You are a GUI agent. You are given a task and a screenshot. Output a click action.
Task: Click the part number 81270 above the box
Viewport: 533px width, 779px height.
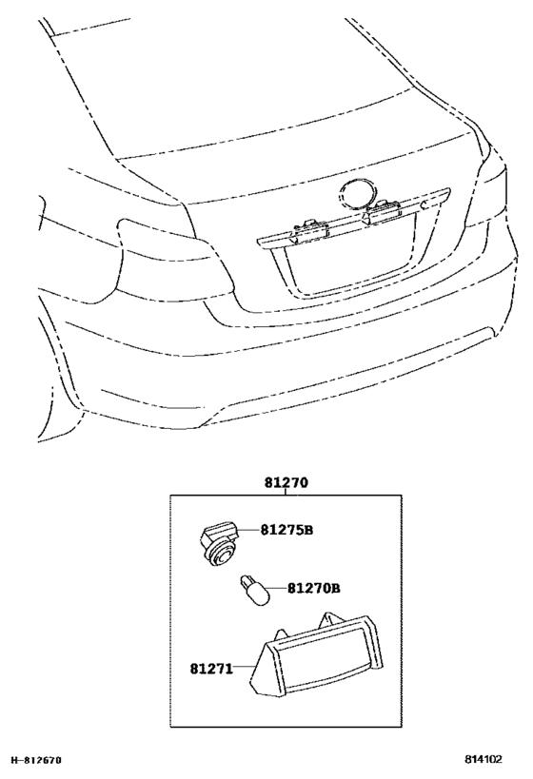[x=286, y=482]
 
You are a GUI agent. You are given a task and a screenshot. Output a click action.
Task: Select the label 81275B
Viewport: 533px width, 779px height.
[x=286, y=530]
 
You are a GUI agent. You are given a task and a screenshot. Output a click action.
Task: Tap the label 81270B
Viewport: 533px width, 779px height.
[x=314, y=588]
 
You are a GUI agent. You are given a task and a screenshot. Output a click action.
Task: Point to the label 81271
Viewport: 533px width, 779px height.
[x=211, y=669]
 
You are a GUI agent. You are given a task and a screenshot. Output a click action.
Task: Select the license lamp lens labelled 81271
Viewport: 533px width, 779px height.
[x=317, y=655]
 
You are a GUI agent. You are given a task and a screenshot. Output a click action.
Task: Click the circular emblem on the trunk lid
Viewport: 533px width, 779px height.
[x=356, y=192]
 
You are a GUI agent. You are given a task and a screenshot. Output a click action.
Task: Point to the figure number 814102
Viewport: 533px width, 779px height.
[x=484, y=759]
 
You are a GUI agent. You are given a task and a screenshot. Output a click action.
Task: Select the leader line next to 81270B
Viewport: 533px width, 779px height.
[x=279, y=589]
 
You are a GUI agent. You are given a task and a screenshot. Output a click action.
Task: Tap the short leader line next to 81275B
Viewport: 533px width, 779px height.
[x=250, y=531]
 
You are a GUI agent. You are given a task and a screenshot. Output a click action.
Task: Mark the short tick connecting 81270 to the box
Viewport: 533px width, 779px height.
[x=286, y=492]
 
